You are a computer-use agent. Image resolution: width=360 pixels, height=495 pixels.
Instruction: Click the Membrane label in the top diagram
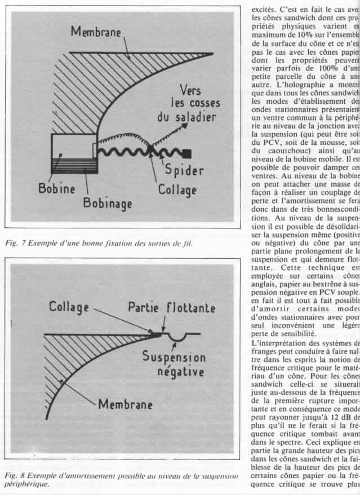point(95,32)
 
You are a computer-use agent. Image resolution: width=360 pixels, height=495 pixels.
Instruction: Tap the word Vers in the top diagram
point(190,91)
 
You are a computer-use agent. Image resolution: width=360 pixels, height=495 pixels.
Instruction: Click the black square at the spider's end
point(188,153)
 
